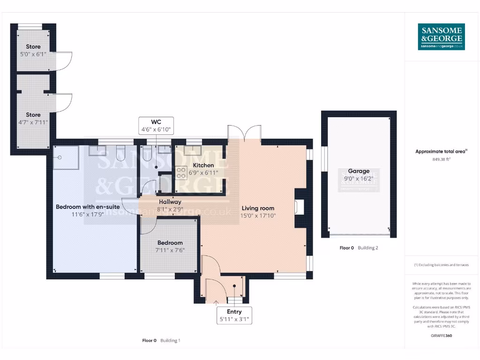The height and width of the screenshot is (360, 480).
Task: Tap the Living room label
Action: click(258, 208)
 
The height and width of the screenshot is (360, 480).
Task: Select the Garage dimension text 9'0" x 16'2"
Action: click(359, 179)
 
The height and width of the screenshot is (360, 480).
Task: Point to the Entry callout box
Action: click(234, 315)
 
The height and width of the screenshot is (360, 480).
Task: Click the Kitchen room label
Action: click(203, 165)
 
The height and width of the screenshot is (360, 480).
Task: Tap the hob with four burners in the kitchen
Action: click(181, 173)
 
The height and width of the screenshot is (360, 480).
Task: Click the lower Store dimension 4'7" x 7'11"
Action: click(33, 122)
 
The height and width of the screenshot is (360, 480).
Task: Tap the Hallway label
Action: click(170, 202)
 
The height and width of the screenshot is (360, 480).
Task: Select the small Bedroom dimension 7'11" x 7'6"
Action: click(170, 250)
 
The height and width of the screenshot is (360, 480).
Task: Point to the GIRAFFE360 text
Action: click(441, 336)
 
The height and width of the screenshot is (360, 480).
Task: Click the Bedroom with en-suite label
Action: click(88, 207)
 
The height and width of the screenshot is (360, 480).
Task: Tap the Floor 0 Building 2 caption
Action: click(359, 247)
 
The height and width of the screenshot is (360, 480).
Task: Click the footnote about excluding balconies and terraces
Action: click(441, 265)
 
